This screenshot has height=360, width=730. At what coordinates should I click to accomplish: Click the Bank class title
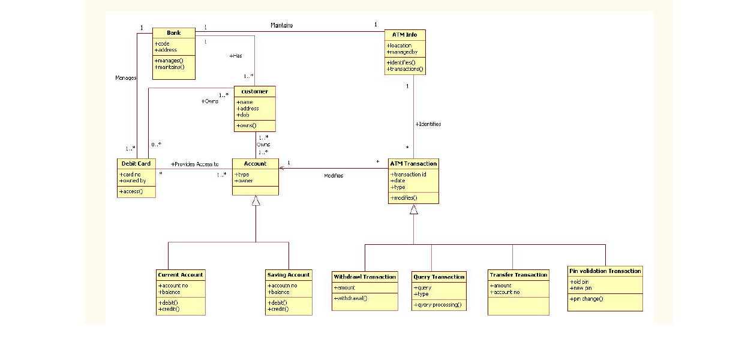click(x=173, y=32)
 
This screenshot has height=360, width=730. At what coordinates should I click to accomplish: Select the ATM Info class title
click(x=404, y=35)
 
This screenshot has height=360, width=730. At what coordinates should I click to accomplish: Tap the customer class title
click(x=255, y=91)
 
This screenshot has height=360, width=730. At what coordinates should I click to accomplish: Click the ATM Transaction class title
click(x=413, y=163)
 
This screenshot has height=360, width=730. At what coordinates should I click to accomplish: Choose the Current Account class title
click(x=181, y=275)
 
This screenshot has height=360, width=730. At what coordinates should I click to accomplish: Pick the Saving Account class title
click(x=289, y=275)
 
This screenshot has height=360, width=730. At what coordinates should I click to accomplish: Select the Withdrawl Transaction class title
click(x=365, y=277)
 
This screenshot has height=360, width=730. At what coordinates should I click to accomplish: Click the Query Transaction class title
click(x=439, y=277)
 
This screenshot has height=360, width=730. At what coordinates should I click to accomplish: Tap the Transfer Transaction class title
click(x=518, y=275)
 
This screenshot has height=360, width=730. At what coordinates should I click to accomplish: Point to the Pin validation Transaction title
click(x=605, y=271)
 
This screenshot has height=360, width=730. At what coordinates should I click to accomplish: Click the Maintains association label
click(x=281, y=25)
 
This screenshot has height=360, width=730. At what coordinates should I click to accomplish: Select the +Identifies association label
click(x=428, y=124)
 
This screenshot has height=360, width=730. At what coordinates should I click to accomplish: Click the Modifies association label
click(x=334, y=176)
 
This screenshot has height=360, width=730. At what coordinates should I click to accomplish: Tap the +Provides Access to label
click(x=194, y=164)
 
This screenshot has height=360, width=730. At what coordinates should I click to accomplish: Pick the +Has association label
click(x=236, y=56)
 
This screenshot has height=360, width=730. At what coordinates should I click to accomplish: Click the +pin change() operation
click(x=587, y=299)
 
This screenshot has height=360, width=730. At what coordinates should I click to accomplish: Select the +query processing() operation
click(x=438, y=305)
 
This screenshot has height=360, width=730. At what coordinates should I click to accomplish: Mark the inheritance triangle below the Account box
click(x=256, y=201)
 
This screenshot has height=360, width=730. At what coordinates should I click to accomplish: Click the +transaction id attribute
click(x=408, y=174)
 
